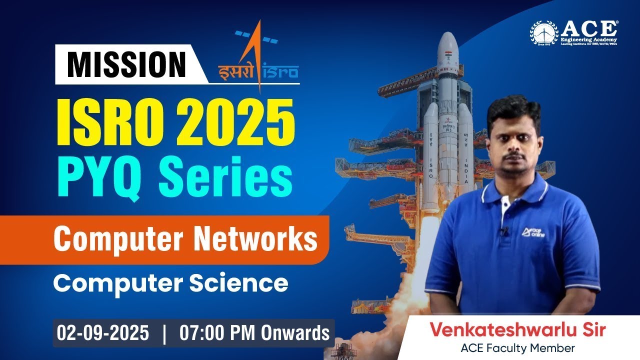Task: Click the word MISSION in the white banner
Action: point(126,64)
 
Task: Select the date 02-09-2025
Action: point(102,333)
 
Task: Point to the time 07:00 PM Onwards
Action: point(254,333)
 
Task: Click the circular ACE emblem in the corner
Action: point(544,34)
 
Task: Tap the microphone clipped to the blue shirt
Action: point(505,231)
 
